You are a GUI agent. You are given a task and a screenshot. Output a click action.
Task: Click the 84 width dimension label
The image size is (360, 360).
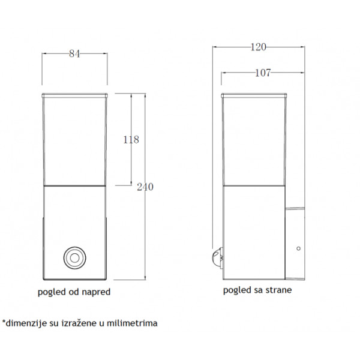[74, 54]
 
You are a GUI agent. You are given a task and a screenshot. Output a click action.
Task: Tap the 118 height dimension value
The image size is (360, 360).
[131, 140]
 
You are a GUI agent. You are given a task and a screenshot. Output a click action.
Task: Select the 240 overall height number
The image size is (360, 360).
[145, 187]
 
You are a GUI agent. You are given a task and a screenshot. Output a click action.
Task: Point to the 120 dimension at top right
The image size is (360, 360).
[258, 47]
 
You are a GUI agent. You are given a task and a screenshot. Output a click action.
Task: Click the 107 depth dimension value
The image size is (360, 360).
[263, 73]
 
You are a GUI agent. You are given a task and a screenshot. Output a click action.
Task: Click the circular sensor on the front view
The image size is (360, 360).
[74, 258]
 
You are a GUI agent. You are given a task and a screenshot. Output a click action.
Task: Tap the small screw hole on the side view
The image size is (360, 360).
[298, 248]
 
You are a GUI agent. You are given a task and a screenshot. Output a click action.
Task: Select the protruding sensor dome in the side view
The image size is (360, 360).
[217, 258]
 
